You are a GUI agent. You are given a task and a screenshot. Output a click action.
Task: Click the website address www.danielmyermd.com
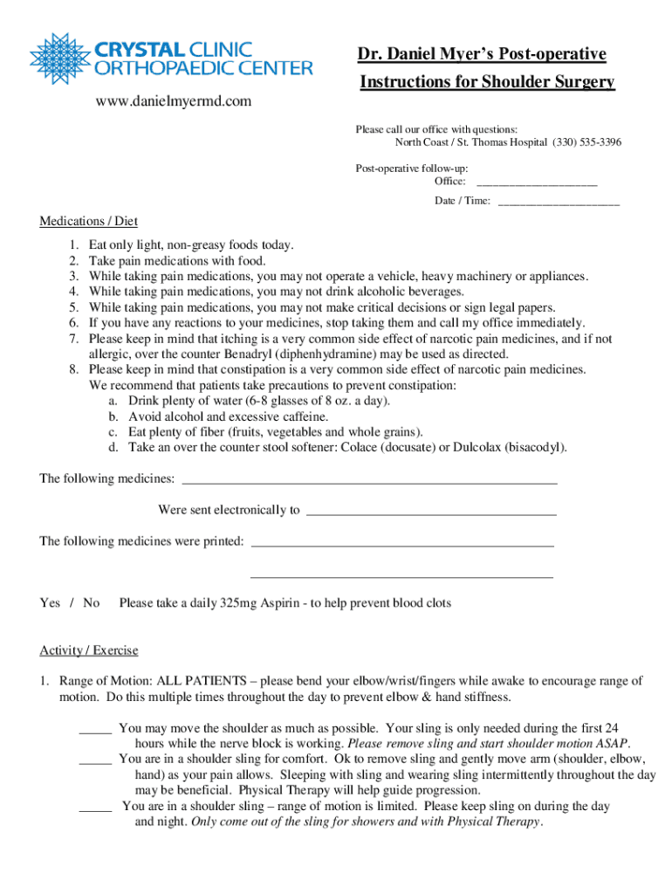(x=173, y=102)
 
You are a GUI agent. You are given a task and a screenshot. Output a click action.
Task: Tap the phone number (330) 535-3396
(x=586, y=142)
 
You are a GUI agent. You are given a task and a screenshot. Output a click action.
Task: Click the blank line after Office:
(x=537, y=182)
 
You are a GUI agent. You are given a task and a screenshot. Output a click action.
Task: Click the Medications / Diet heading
(x=88, y=221)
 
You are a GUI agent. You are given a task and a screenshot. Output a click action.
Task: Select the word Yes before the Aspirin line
(x=51, y=603)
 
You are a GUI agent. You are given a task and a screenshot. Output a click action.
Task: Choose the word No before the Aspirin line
(x=92, y=603)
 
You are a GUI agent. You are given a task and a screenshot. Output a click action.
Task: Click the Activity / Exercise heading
(x=88, y=650)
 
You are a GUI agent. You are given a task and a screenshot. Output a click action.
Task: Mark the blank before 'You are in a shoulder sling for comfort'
(x=95, y=759)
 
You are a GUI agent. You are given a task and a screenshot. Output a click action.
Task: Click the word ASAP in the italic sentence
(x=613, y=744)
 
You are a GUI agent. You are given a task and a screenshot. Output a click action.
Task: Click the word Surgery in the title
(x=580, y=82)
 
